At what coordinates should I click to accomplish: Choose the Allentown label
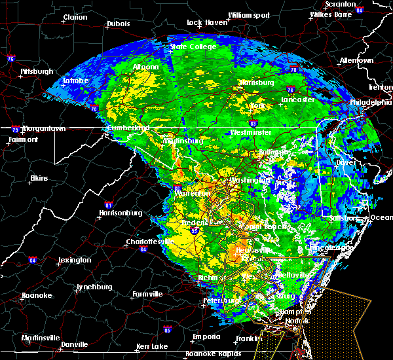[356, 60]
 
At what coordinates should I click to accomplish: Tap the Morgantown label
[39, 129]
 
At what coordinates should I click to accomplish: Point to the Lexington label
[74, 260]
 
